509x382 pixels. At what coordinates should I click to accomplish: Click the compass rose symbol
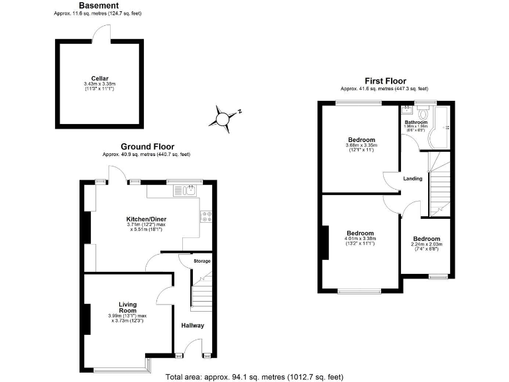click(x=223, y=117)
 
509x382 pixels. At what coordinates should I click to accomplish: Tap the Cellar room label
click(x=100, y=77)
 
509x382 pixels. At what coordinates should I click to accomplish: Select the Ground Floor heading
click(x=147, y=147)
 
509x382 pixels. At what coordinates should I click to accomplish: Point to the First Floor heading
click(x=384, y=81)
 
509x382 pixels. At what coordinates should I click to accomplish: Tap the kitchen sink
click(x=184, y=191)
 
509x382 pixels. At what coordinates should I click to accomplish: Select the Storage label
click(x=201, y=261)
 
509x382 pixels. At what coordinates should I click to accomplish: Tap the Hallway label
click(x=193, y=326)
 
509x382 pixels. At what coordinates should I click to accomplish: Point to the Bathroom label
click(x=416, y=123)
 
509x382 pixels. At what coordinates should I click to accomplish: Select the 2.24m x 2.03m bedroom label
click(x=425, y=239)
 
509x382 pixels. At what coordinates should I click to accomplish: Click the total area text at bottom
click(x=254, y=377)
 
